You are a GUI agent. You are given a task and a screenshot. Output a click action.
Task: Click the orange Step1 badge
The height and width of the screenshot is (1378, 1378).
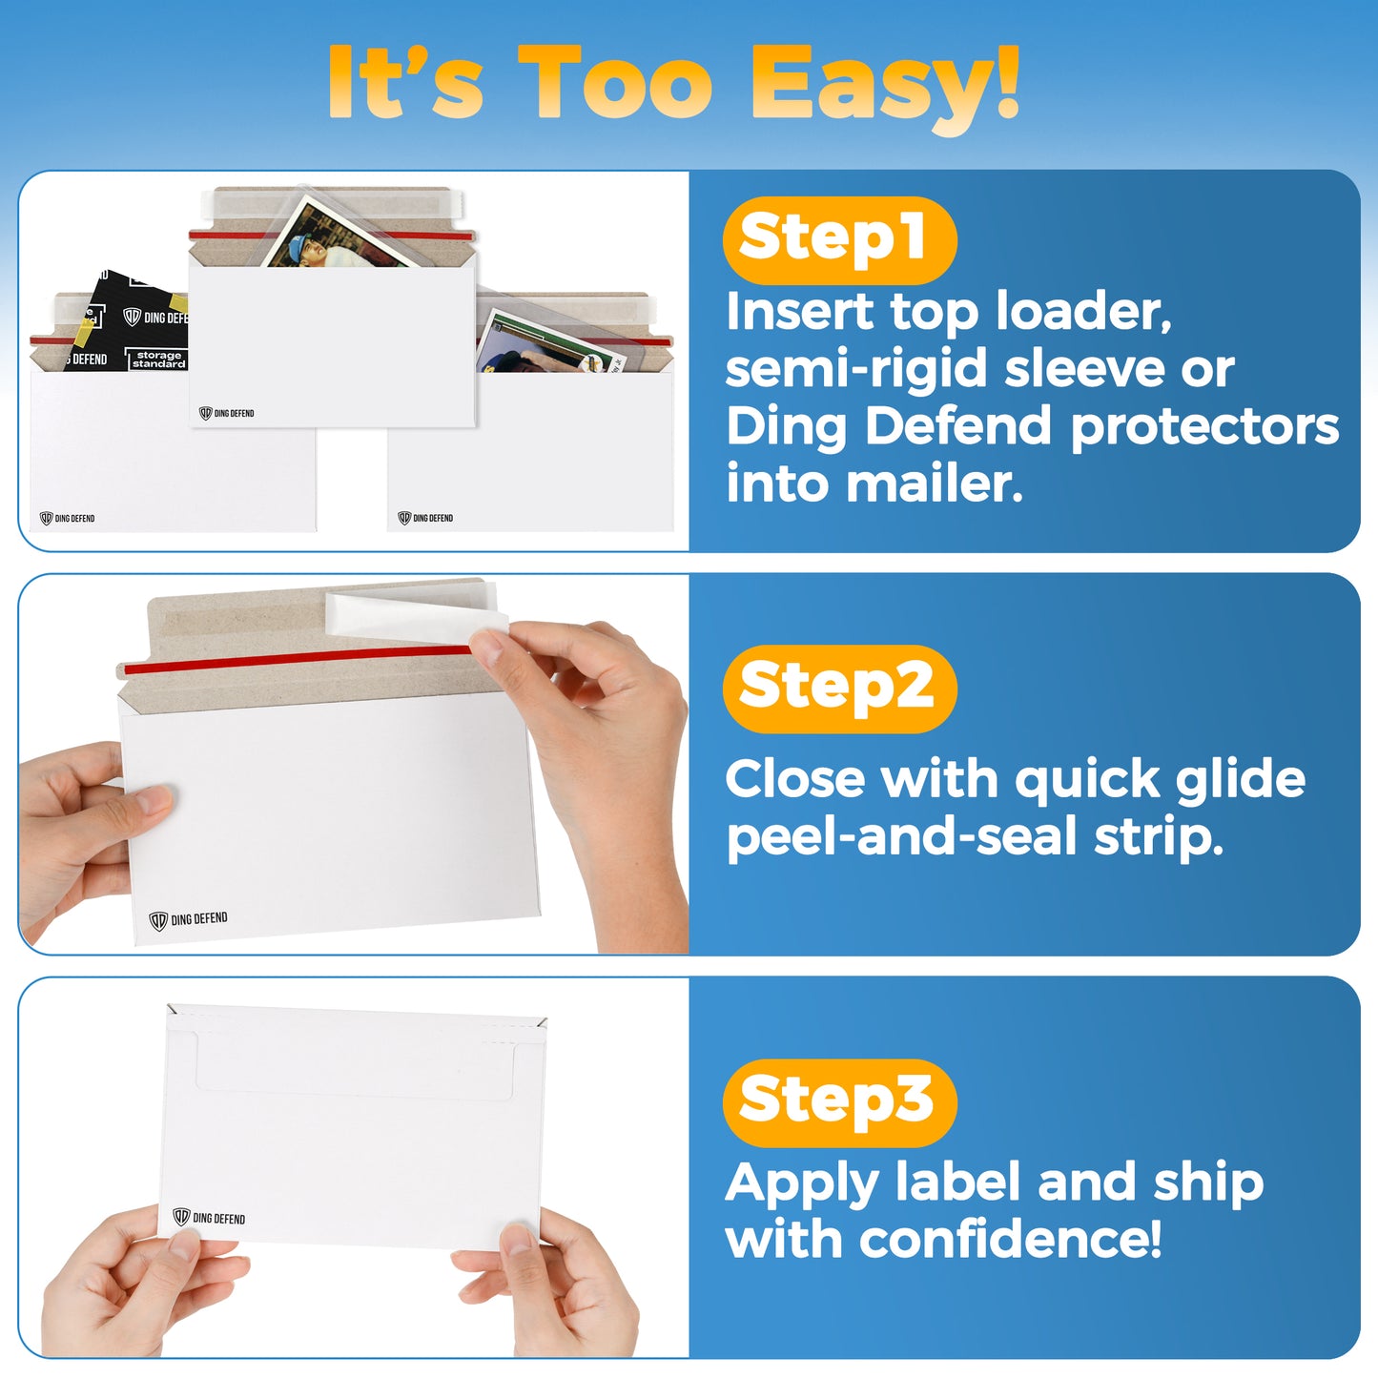839,239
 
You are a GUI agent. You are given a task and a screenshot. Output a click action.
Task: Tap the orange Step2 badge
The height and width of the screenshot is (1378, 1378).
839,689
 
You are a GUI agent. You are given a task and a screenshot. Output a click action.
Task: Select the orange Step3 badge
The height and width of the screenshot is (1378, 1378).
839,1102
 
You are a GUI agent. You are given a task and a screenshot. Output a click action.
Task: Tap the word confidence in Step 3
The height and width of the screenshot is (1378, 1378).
1010,1240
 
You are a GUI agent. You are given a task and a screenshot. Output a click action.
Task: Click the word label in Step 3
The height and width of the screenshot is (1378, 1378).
958,1181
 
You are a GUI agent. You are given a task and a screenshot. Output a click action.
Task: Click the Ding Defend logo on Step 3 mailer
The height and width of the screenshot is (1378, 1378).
209,1217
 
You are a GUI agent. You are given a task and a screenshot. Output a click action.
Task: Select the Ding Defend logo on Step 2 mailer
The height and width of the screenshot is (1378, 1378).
188,919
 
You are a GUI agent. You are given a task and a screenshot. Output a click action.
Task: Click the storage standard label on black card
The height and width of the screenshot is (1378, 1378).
158,359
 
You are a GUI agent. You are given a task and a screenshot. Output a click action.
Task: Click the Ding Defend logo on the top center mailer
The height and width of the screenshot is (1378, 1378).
226,413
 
